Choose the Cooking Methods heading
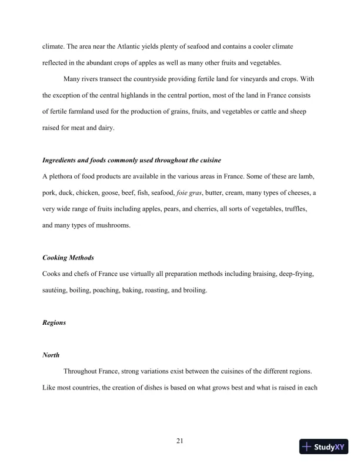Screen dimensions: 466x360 (68, 258)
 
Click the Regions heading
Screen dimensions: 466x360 (54, 323)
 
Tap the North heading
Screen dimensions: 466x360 (51, 355)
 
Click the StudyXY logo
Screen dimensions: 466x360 (324, 447)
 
